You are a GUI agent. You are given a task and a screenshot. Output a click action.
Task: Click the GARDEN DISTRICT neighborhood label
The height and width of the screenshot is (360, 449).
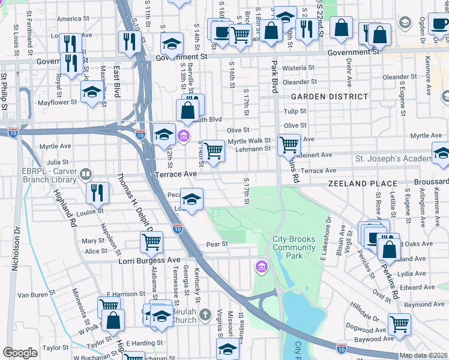(330, 97)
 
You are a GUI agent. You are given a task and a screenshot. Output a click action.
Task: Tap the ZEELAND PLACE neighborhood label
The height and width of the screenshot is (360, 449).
(363, 184)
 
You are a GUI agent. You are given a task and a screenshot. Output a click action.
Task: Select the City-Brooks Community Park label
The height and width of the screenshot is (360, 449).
(295, 243)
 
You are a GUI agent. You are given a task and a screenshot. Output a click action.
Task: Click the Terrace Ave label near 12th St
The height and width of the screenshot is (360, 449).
(176, 173)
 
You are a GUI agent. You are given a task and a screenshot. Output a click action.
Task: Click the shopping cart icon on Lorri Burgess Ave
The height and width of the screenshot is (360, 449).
(151, 242)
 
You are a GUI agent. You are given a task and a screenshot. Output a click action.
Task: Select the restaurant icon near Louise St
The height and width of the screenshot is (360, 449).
(97, 192)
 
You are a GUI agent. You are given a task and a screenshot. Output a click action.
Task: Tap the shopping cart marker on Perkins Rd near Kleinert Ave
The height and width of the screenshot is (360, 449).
(289, 144)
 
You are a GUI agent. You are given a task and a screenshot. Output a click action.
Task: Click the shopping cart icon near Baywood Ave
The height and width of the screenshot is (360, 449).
(399, 324)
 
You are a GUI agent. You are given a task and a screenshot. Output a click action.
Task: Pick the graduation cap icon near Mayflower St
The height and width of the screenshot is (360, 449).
(91, 92)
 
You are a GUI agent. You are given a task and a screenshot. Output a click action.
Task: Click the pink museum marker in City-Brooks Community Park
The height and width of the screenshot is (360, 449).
(262, 266)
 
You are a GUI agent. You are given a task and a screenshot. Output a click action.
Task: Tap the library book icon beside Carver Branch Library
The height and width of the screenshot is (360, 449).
(86, 174)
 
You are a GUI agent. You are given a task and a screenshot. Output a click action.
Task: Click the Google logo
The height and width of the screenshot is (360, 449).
(20, 353)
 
